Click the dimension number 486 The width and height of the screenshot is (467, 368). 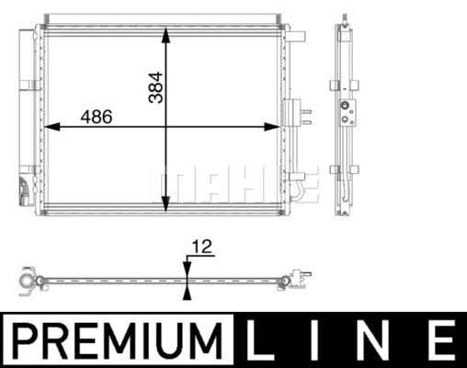(x=97, y=117)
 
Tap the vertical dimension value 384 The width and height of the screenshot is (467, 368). (x=155, y=87)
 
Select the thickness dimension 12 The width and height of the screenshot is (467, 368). (x=202, y=247)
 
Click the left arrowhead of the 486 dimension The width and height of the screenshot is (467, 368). (x=52, y=126)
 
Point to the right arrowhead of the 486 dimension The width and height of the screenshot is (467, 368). (x=272, y=126)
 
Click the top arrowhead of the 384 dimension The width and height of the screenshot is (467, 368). (x=165, y=35)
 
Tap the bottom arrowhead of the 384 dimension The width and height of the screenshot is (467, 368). (x=165, y=204)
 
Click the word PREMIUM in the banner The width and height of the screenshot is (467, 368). (x=118, y=340)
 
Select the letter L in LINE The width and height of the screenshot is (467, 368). (x=259, y=340)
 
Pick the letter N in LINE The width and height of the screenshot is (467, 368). (x=382, y=340)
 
